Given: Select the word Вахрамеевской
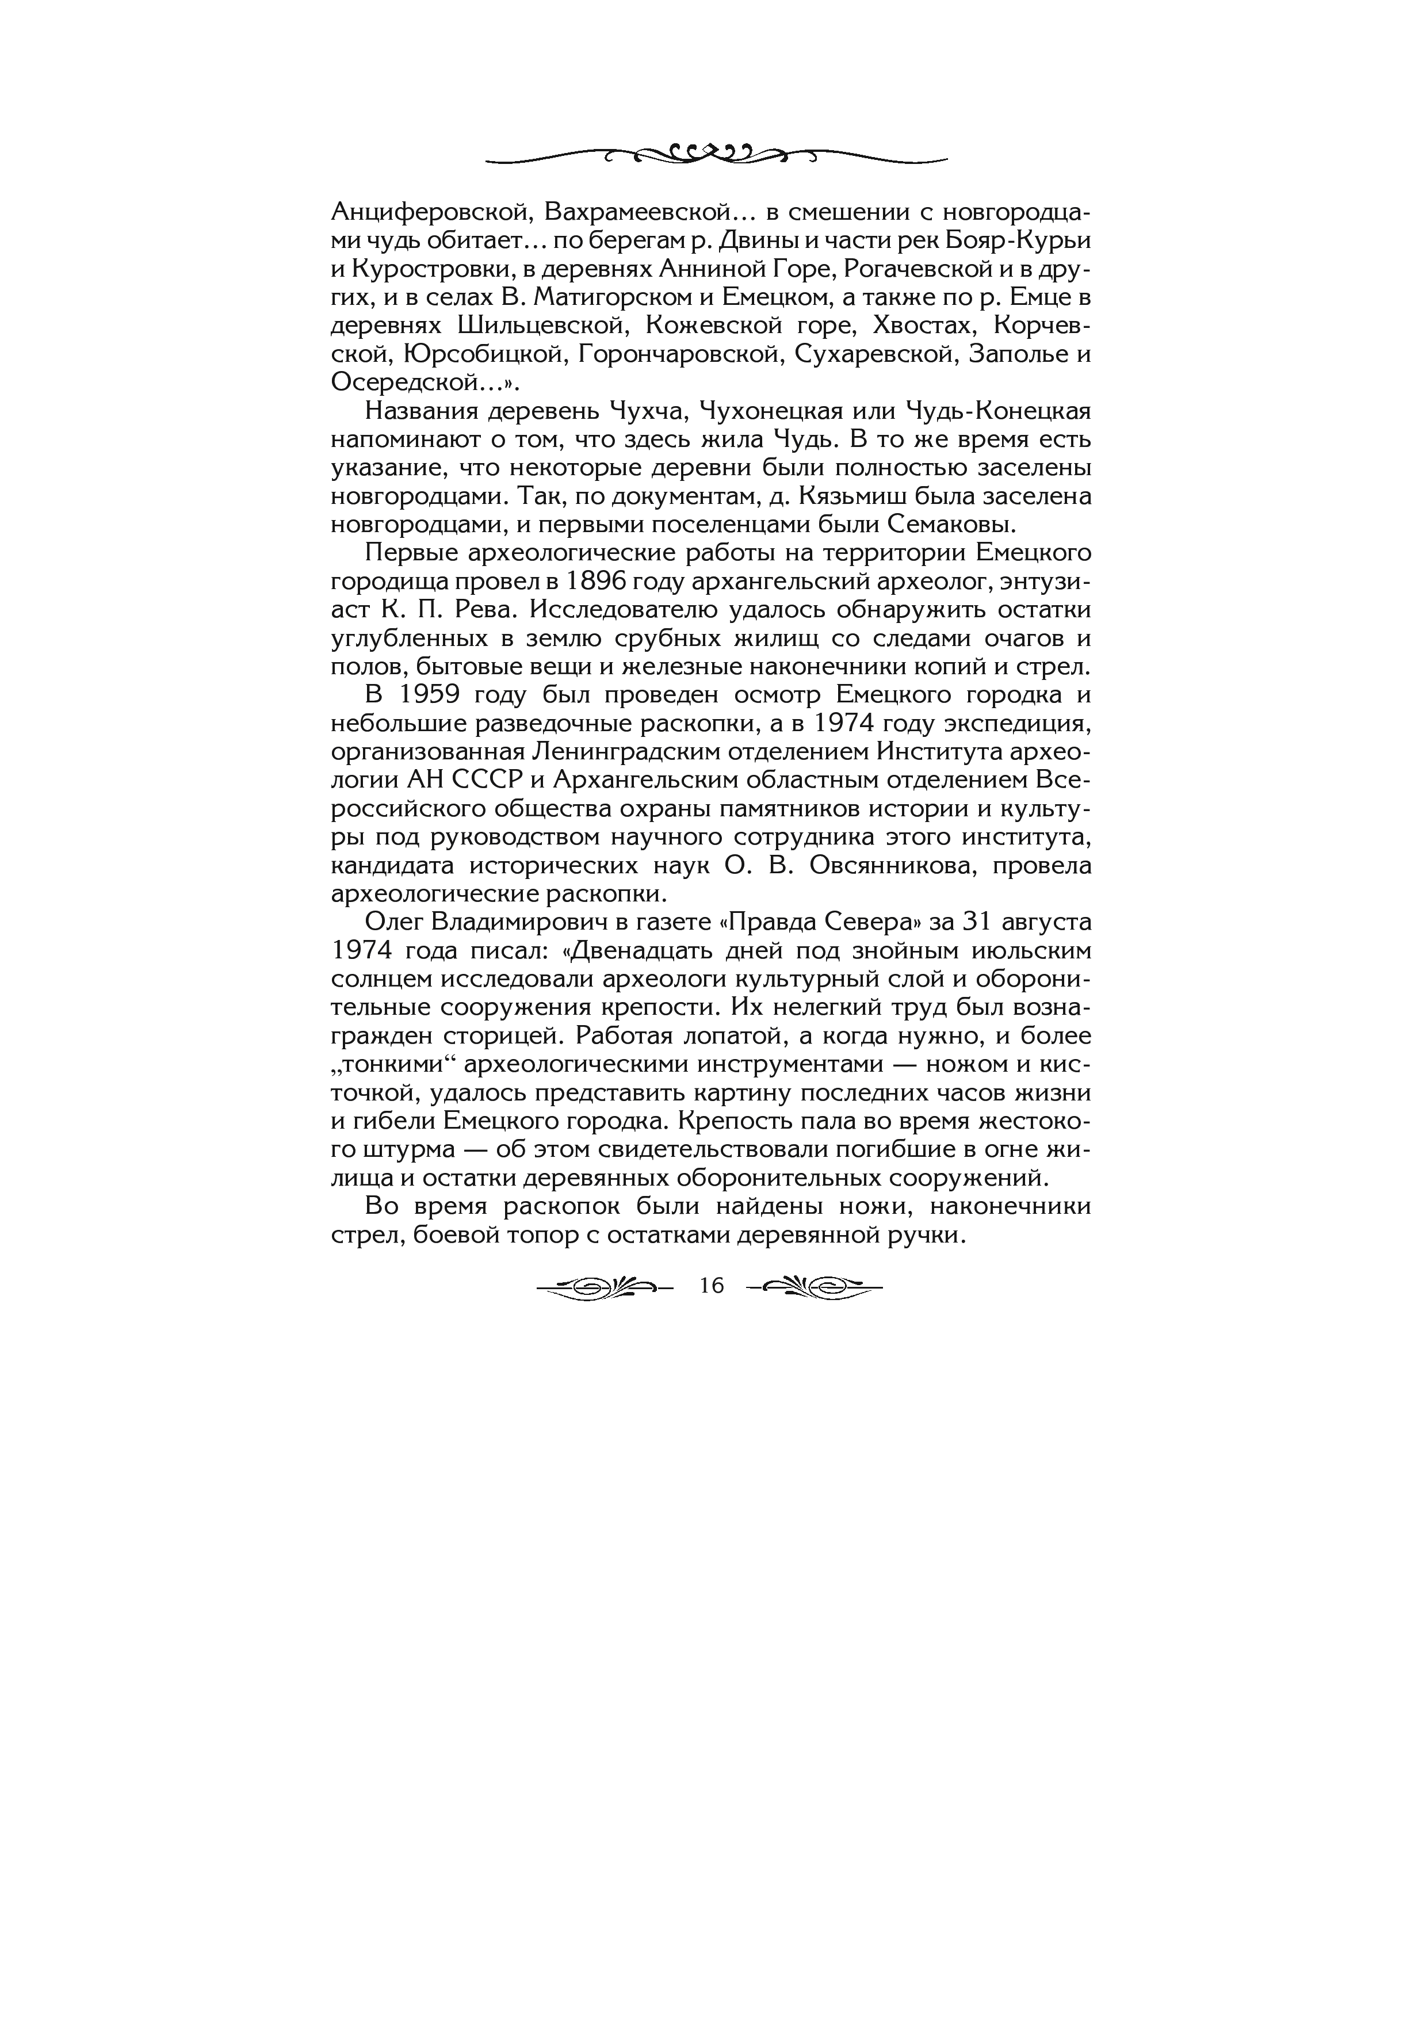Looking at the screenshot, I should [638, 213].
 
